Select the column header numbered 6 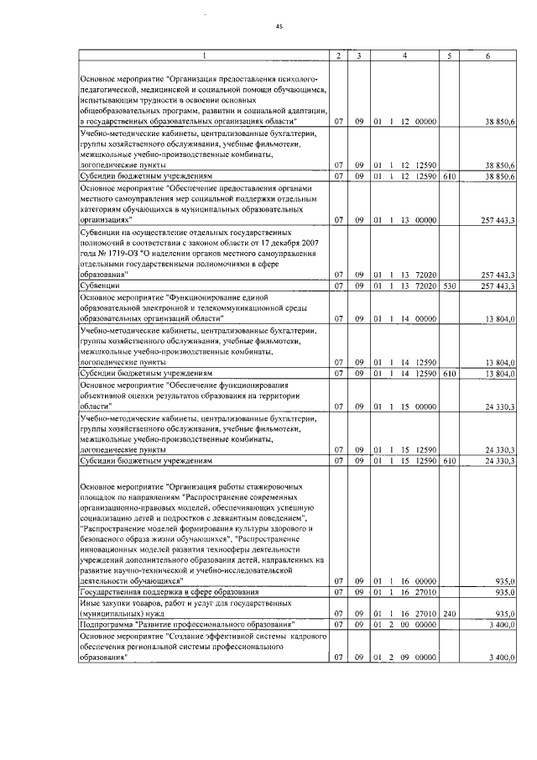point(488,56)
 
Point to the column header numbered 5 point(451,56)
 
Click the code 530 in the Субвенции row point(450,286)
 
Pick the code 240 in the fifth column point(450,613)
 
